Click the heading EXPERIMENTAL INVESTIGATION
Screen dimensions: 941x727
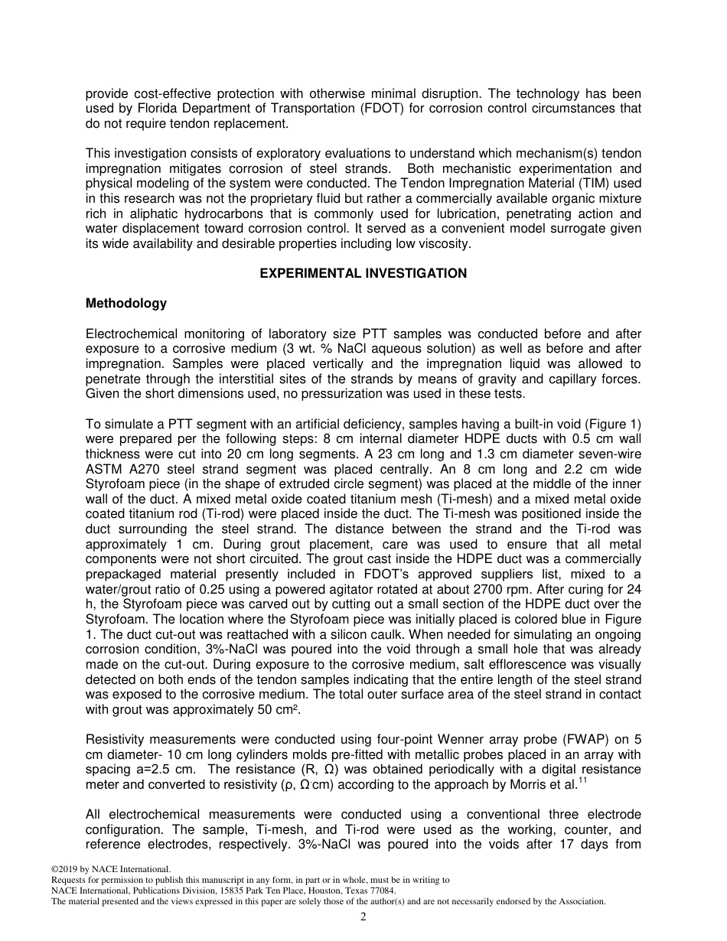[x=363, y=273]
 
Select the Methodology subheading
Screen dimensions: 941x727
[x=126, y=303]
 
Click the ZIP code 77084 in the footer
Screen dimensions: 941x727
[x=384, y=891]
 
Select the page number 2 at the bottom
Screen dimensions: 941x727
[x=363, y=917]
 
